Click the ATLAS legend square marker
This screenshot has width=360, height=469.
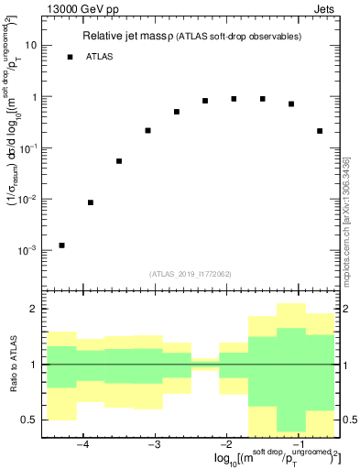(70, 57)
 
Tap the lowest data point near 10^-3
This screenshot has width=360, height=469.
(61, 245)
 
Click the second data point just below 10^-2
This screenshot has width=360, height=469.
(90, 202)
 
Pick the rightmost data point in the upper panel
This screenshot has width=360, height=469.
(320, 131)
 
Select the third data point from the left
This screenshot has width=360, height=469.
(119, 161)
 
